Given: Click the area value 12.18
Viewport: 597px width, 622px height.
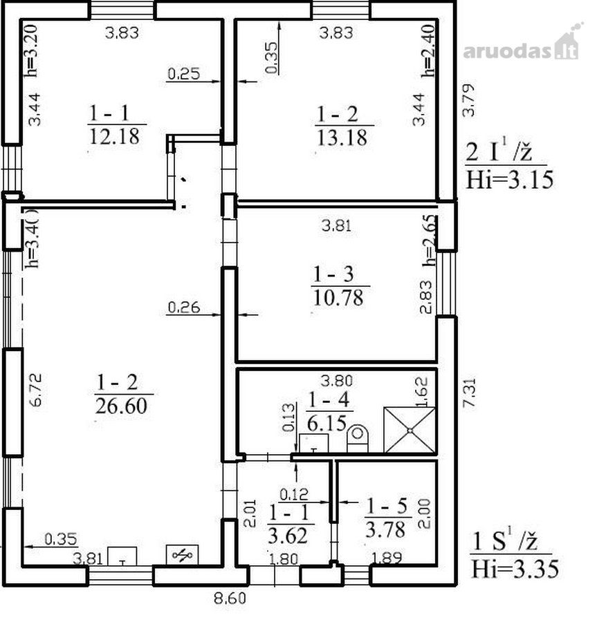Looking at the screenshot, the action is pyautogui.click(x=114, y=136).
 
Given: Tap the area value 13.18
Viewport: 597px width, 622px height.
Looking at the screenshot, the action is pyautogui.click(x=342, y=138).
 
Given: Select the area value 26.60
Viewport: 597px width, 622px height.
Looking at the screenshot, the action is pyautogui.click(x=122, y=406).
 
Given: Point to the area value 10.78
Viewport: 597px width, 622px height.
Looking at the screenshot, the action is pyautogui.click(x=338, y=297).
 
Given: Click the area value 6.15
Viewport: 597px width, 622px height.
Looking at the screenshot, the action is pyautogui.click(x=327, y=423).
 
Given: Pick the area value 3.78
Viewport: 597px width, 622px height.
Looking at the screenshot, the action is pyautogui.click(x=385, y=529).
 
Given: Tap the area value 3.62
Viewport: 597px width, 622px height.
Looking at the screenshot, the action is pyautogui.click(x=288, y=536).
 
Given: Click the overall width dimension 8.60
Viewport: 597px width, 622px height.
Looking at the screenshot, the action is pyautogui.click(x=230, y=599).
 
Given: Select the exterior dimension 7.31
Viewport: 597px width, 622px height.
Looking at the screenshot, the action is pyautogui.click(x=469, y=393).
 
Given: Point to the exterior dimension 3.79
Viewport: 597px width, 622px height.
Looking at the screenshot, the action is pyautogui.click(x=469, y=100).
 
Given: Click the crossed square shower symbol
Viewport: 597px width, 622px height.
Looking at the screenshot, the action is pyautogui.click(x=410, y=430).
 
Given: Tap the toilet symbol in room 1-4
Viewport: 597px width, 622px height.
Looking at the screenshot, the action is pyautogui.click(x=357, y=438).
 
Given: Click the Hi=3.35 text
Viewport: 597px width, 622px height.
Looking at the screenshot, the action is pyautogui.click(x=515, y=569).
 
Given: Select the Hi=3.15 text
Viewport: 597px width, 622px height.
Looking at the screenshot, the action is pyautogui.click(x=509, y=180).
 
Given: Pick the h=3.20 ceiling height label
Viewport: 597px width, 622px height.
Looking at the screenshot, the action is pyautogui.click(x=31, y=50).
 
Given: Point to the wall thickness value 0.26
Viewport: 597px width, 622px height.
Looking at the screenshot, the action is pyautogui.click(x=184, y=308).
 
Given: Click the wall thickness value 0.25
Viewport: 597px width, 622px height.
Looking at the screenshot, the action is pyautogui.click(x=184, y=74).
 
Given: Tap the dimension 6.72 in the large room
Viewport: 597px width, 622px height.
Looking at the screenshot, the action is pyautogui.click(x=35, y=390).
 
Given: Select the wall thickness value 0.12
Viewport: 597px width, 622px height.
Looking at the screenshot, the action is pyautogui.click(x=294, y=494).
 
